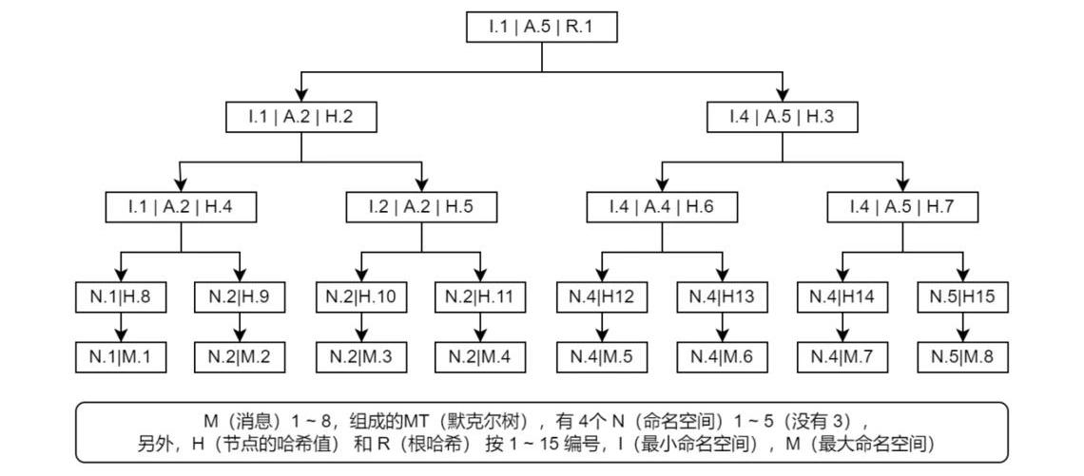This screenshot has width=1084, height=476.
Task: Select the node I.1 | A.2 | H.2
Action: coord(300,117)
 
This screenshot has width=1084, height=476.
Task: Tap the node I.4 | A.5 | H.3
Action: coord(782,117)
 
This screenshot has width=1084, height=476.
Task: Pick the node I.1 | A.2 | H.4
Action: coord(182,206)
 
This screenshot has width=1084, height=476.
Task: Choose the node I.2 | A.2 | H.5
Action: coord(421,206)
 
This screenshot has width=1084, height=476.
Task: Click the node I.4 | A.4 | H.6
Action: coord(662,206)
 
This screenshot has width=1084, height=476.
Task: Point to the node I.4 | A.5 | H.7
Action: coord(901,206)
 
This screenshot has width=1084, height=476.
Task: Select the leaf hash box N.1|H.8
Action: coord(122,296)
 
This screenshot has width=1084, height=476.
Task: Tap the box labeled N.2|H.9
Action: coord(241,296)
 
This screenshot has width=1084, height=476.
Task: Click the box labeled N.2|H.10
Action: coord(362,296)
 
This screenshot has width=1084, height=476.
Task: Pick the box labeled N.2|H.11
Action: coord(481,296)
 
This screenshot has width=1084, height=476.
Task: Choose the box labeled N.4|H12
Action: coord(602,296)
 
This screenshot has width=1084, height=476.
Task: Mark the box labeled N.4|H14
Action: coord(842,296)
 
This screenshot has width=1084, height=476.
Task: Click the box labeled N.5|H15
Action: coord(961,296)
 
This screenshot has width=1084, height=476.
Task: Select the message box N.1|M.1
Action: coord(122,356)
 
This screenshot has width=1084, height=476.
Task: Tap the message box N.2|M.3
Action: coord(362,356)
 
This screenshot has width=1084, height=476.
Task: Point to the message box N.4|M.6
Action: coord(722,356)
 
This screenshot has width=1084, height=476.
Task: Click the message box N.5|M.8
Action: coord(961,356)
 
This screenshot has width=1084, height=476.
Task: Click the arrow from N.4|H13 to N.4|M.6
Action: coord(722,327)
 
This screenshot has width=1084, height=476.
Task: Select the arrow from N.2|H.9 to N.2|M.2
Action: coord(241,327)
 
